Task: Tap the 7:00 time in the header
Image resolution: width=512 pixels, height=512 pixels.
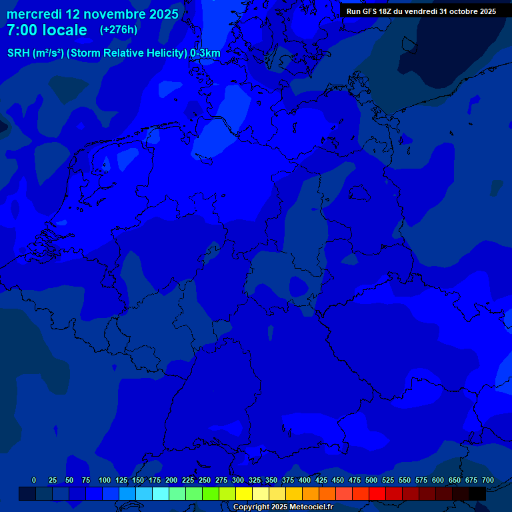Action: point(25,30)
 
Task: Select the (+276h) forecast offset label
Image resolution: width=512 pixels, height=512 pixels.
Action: point(118,30)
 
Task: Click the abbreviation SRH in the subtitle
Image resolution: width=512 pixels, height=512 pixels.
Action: point(19,53)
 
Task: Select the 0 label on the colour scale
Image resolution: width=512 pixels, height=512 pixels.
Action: point(34,480)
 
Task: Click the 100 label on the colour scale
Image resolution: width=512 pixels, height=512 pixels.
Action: point(105,480)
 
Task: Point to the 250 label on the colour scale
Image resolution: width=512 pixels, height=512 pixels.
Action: point(205,480)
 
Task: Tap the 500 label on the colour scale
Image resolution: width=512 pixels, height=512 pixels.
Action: point(371,480)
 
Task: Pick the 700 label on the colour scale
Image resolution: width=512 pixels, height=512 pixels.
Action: point(488,480)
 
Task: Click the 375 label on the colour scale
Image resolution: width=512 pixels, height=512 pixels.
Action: point(288,480)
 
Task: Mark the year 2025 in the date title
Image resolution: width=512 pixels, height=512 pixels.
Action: point(163,14)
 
